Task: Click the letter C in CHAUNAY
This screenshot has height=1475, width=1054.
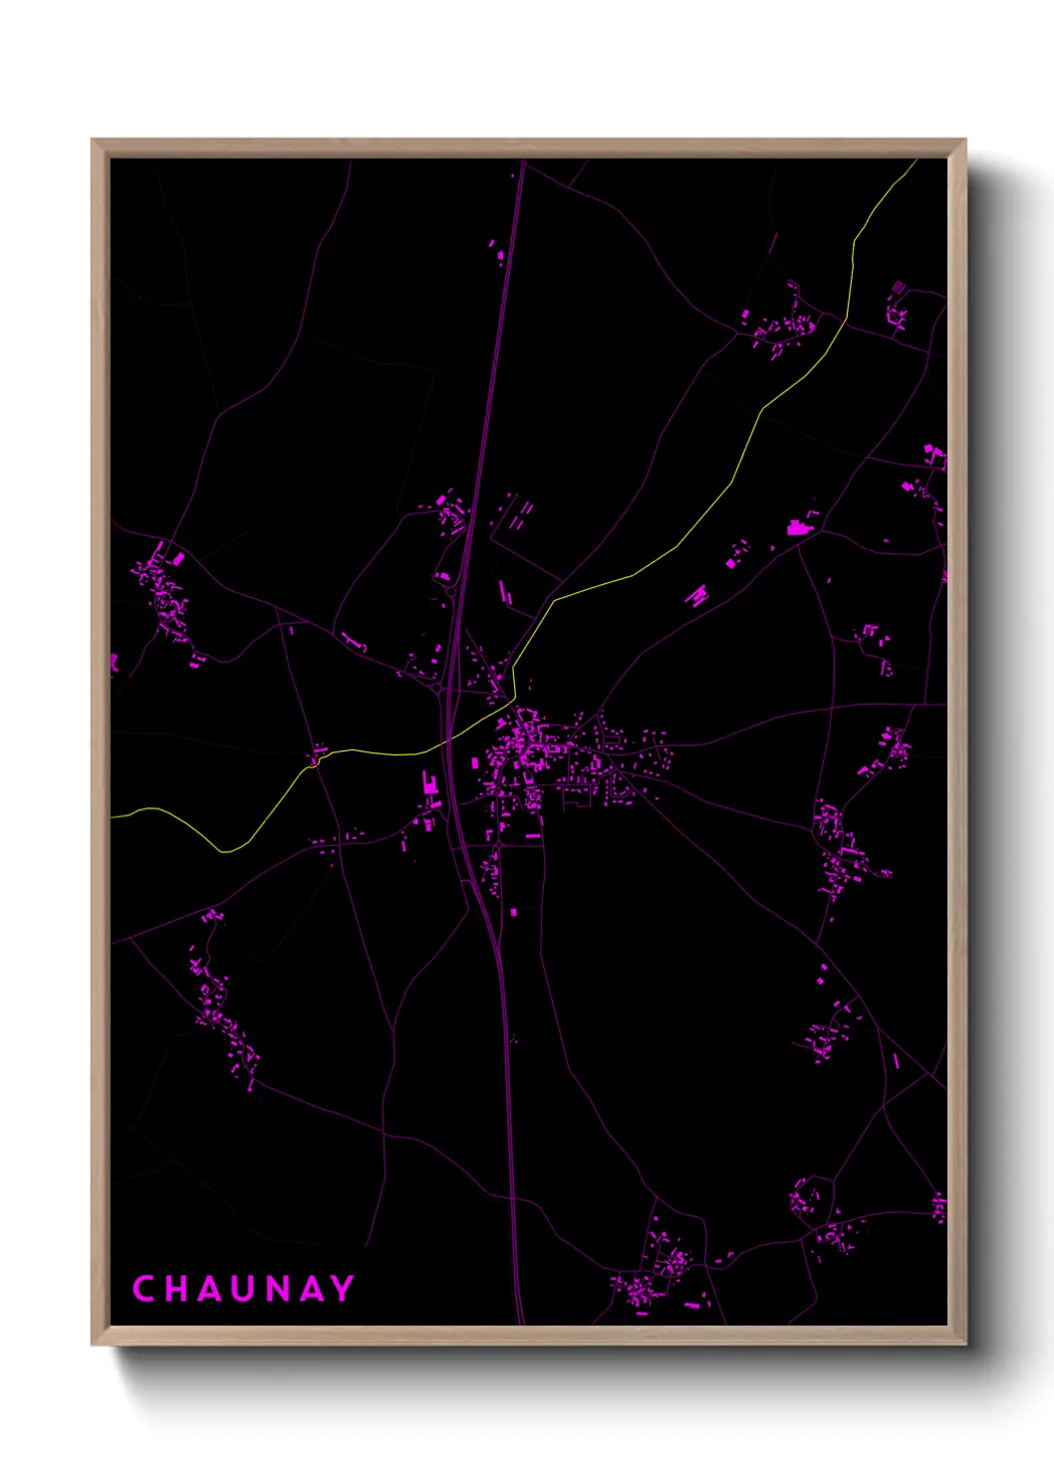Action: click(x=143, y=1289)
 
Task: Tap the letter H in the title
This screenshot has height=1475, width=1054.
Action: click(x=175, y=1289)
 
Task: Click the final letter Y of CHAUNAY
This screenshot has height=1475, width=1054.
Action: click(x=343, y=1289)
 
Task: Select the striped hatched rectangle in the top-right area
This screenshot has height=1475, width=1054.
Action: click(x=899, y=287)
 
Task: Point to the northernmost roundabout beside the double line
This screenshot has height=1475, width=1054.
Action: click(x=450, y=592)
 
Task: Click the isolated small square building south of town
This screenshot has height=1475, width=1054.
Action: click(x=514, y=912)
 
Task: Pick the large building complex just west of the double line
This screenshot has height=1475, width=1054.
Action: click(x=430, y=784)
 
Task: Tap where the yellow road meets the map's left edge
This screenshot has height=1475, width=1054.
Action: click(x=113, y=817)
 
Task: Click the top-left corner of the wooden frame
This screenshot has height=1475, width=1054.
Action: click(x=93, y=141)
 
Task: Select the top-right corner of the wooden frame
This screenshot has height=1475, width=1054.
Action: click(x=965, y=141)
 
